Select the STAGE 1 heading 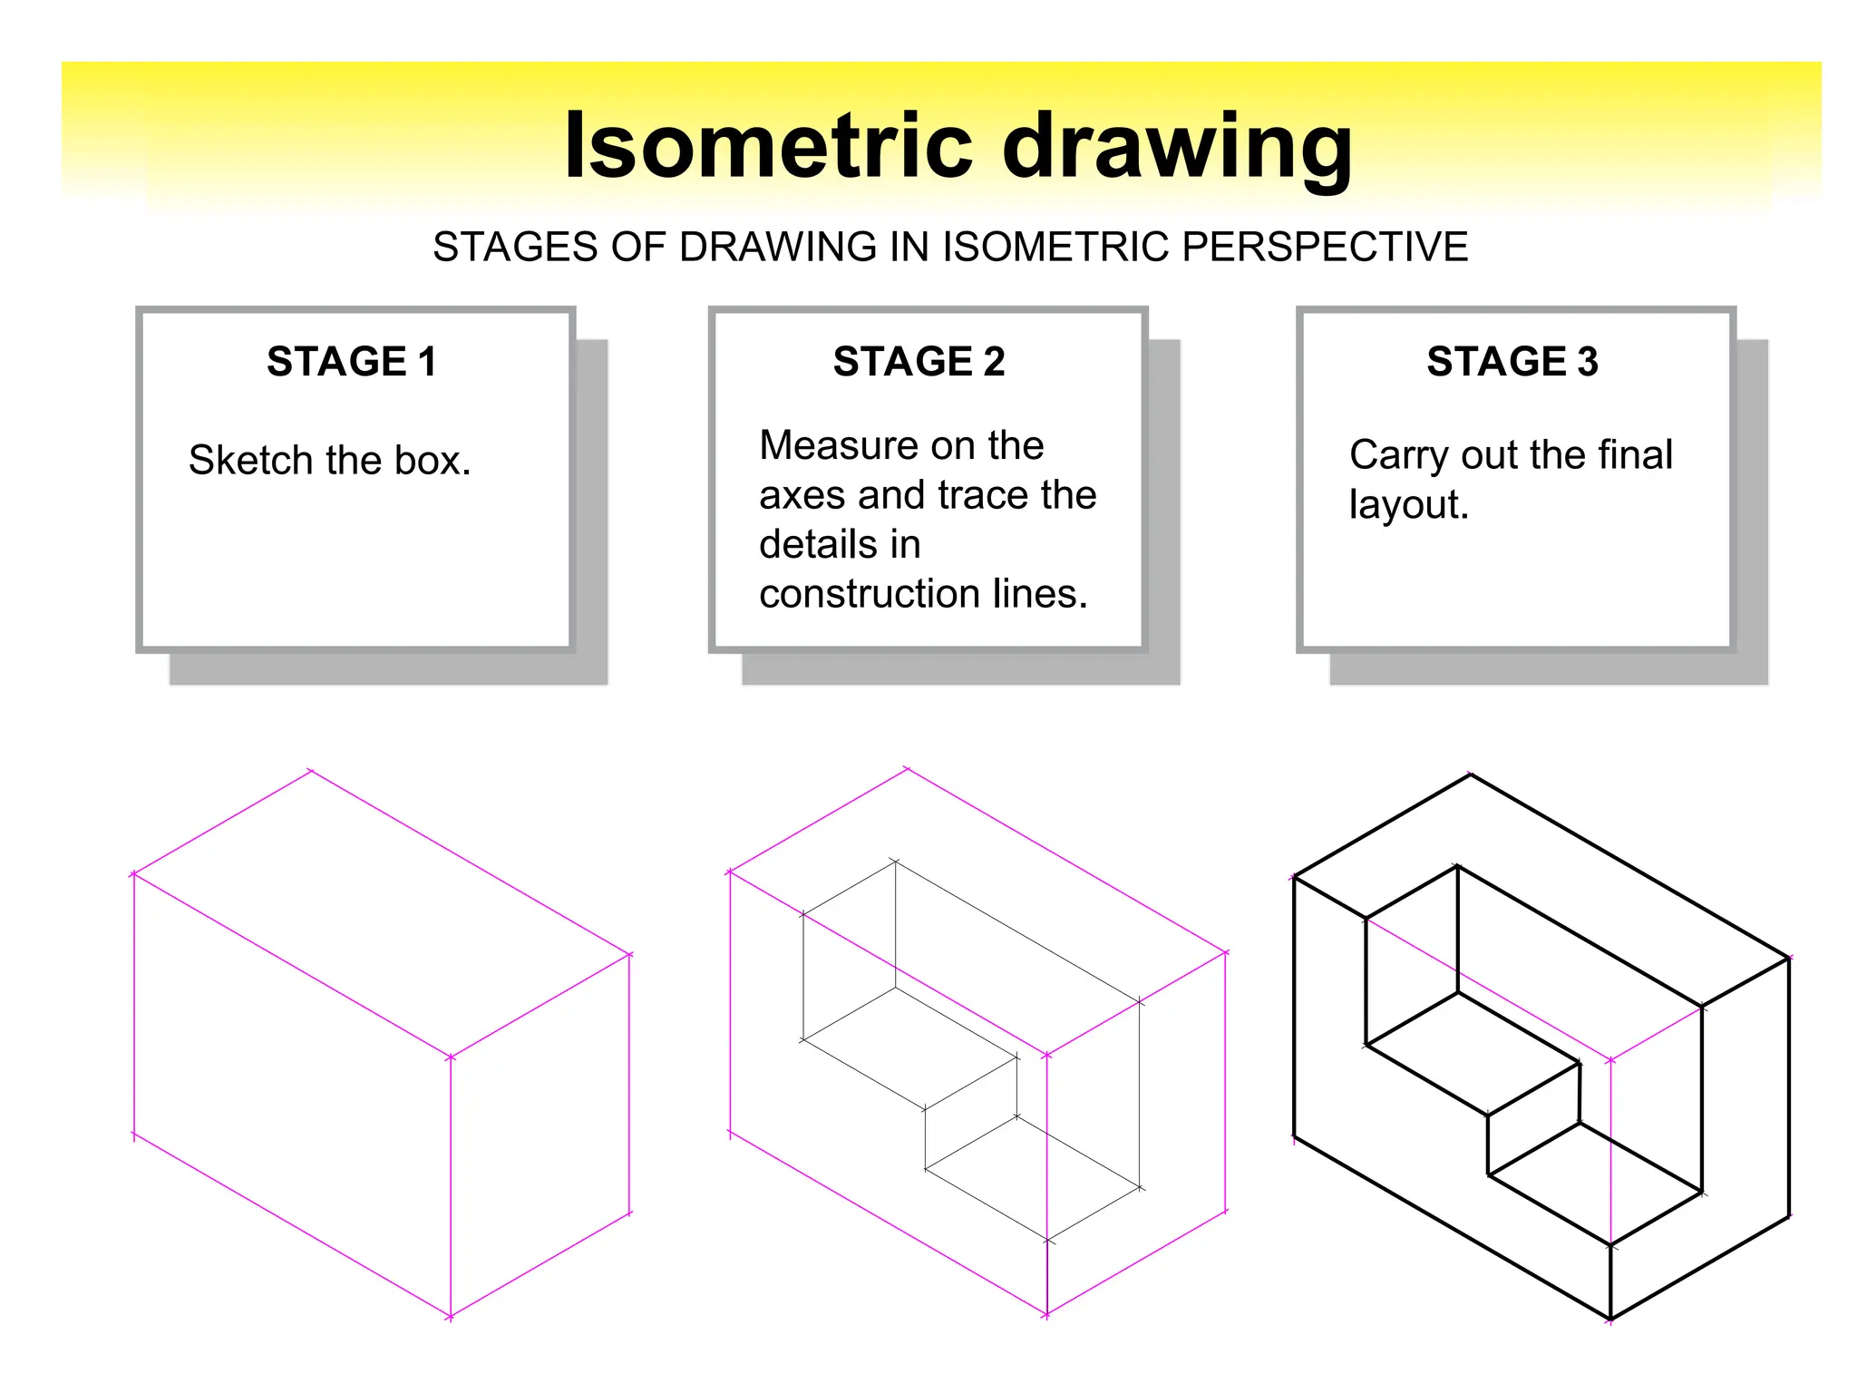[x=352, y=361]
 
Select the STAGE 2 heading [x=919, y=361]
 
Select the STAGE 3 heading [x=1512, y=361]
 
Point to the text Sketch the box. [x=329, y=461]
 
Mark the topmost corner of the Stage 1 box [x=311, y=772]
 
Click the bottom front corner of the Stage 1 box [x=451, y=1316]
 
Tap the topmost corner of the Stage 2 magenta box [x=907, y=770]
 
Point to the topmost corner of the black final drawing [x=1470, y=774]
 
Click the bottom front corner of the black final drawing [x=1610, y=1320]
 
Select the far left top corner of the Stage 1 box [x=134, y=874]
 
